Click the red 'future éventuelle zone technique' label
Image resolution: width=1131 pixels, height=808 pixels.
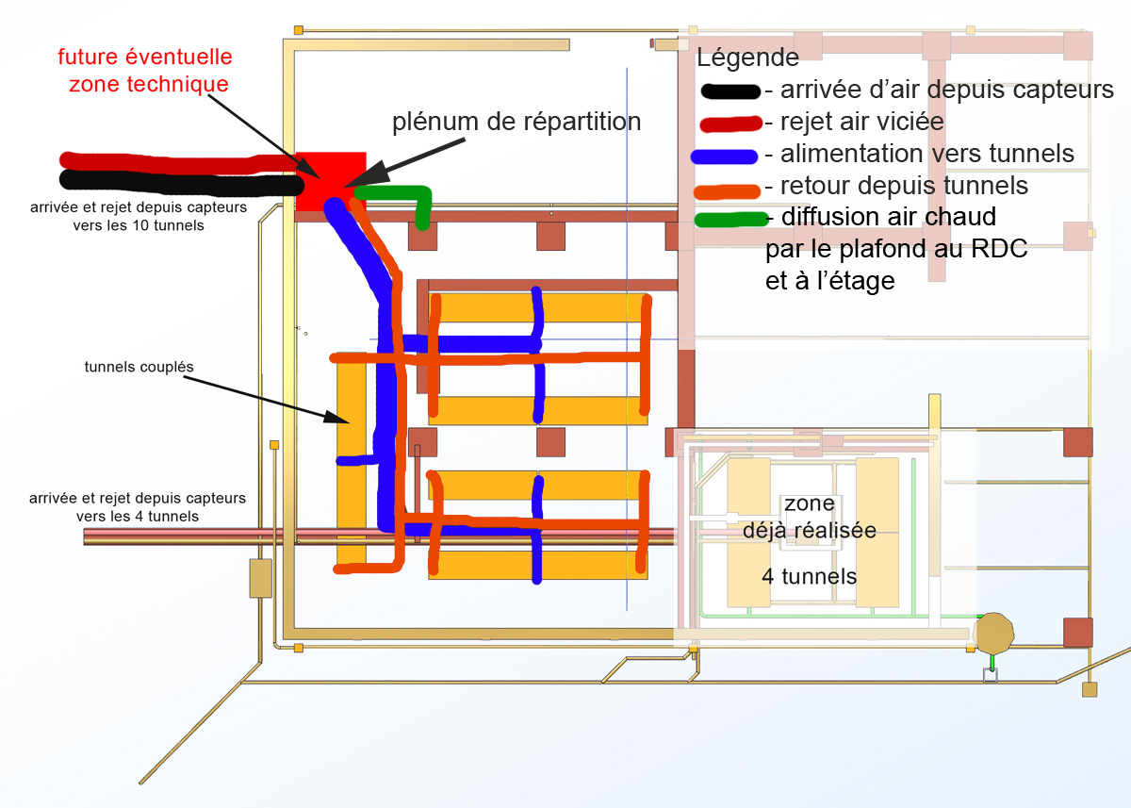click(x=144, y=71)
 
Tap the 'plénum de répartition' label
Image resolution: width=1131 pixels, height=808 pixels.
click(x=516, y=122)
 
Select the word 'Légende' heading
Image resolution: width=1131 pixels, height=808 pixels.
click(x=747, y=58)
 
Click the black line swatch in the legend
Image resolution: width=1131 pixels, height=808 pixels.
click(x=729, y=91)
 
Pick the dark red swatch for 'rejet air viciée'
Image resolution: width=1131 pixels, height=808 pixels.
click(x=729, y=124)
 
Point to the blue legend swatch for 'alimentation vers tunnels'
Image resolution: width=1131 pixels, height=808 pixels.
click(x=724, y=156)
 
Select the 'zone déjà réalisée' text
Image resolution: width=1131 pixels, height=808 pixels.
click(x=809, y=517)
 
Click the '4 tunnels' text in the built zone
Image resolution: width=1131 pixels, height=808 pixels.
click(x=809, y=576)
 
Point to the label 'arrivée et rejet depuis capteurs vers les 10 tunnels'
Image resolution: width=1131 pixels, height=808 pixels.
click(x=138, y=216)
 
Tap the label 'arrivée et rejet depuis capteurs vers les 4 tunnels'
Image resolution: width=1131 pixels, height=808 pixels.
click(x=138, y=506)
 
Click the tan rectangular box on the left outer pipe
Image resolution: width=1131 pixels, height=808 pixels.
click(x=260, y=578)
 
